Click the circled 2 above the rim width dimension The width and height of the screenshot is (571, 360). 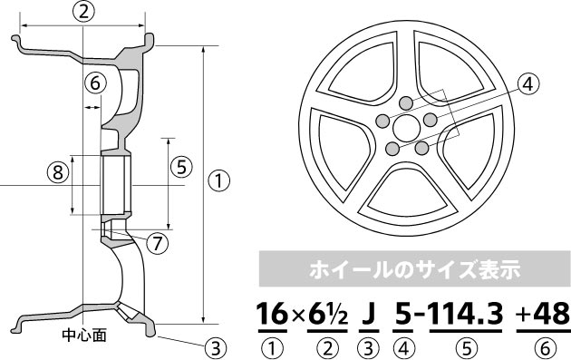[x=83, y=12]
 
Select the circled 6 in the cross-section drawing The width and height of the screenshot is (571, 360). [x=95, y=83]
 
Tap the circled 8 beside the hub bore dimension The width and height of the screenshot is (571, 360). [x=58, y=172]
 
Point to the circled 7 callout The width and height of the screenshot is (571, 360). [x=158, y=243]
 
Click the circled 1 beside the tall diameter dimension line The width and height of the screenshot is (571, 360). [x=218, y=181]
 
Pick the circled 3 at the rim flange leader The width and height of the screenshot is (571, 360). [x=216, y=347]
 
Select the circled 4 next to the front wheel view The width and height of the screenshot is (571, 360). [x=527, y=84]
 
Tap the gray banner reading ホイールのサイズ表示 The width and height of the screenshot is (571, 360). [x=415, y=269]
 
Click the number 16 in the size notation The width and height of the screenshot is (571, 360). [x=273, y=314]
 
